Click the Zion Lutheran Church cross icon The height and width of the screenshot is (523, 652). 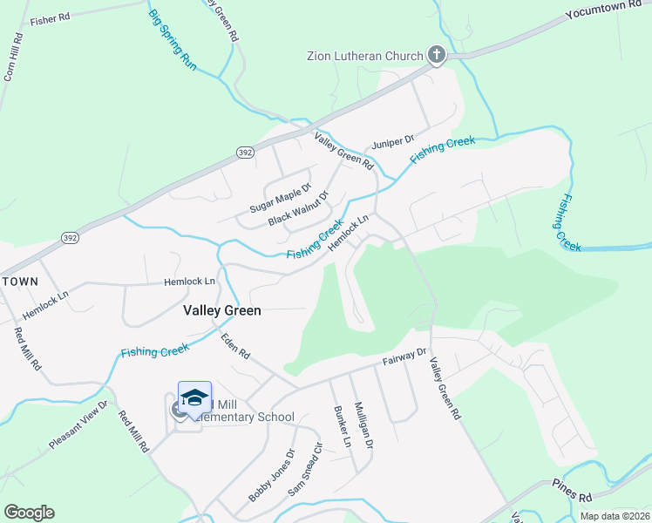[x=437, y=56]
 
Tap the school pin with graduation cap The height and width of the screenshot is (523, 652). [x=194, y=397]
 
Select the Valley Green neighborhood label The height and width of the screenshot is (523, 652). [x=222, y=309]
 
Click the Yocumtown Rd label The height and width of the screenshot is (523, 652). [x=608, y=10]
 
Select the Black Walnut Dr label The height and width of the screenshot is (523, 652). [x=297, y=208]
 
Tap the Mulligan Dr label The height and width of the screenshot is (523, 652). [x=363, y=425]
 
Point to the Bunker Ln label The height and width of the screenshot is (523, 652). [x=342, y=426]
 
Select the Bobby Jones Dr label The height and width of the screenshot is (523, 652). [x=272, y=476]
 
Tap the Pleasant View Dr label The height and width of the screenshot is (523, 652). [x=78, y=425]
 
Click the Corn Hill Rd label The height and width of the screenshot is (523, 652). [x=12, y=58]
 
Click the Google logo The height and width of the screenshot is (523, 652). [x=29, y=513]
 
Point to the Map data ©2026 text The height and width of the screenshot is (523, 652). [x=614, y=516]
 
